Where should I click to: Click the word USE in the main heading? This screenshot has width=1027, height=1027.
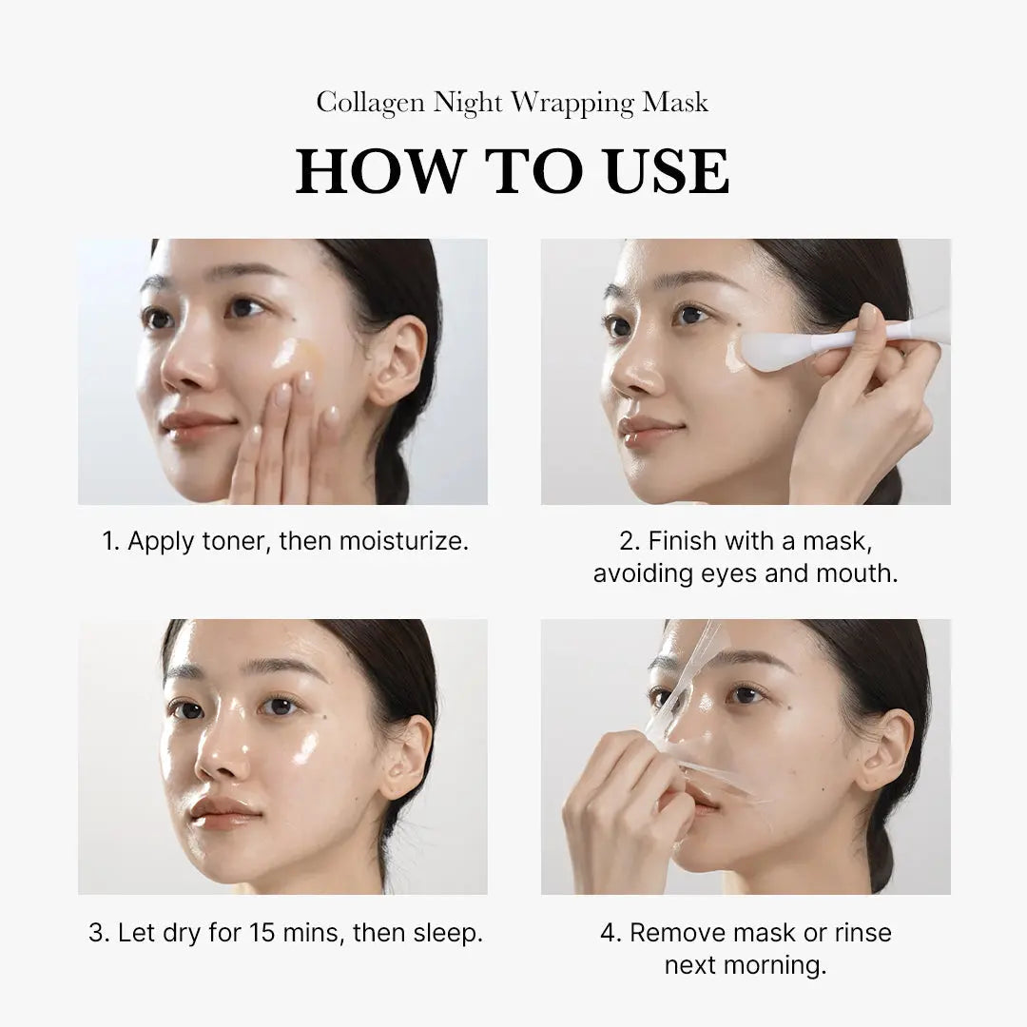(x=666, y=172)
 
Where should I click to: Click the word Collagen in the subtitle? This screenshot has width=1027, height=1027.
(x=371, y=102)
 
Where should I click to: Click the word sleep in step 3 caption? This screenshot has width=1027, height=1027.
(x=447, y=932)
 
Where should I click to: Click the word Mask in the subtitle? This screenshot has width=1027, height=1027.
(x=674, y=102)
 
